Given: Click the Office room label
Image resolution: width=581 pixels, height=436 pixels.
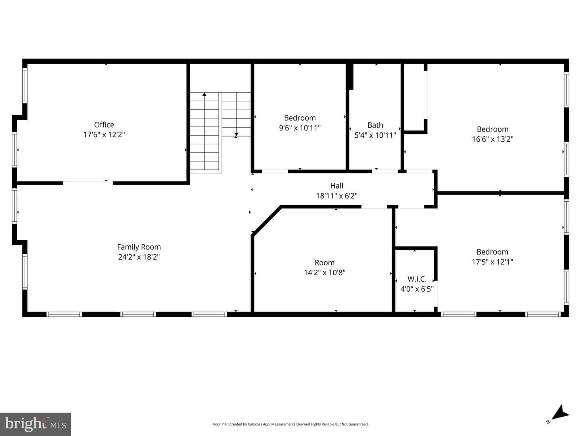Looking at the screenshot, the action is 104,124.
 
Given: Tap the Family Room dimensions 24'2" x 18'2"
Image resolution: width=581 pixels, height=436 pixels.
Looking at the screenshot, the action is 139,257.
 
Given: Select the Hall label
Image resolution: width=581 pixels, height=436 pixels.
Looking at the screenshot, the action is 336,186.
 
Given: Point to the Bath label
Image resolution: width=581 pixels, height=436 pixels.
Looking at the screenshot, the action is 375,125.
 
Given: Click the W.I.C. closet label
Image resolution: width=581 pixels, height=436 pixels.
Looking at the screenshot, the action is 417,279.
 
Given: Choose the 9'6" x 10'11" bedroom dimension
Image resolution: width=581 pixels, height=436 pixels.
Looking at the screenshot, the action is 300,128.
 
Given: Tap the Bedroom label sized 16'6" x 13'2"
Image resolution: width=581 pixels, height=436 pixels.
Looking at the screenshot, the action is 493,129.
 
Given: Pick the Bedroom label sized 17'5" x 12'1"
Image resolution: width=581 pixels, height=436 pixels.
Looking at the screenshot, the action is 492,252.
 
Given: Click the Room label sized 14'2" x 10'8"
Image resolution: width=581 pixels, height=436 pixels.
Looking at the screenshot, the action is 324,262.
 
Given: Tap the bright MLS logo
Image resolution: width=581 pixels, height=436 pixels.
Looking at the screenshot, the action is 36,424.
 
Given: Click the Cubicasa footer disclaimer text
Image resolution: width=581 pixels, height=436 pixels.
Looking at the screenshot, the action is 290,424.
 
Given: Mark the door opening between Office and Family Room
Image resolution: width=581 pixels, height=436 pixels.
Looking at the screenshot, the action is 88,182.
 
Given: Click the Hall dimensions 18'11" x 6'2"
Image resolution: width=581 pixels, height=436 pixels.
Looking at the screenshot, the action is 336,196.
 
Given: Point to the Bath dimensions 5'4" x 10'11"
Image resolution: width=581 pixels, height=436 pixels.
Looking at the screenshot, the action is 375,135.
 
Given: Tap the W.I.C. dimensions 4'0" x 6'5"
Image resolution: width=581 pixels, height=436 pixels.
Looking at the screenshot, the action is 417,289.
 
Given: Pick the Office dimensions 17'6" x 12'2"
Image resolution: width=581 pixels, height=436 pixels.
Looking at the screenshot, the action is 104,134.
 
